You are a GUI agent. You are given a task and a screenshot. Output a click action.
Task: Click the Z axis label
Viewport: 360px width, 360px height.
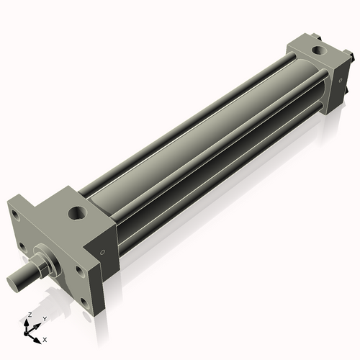[28, 315]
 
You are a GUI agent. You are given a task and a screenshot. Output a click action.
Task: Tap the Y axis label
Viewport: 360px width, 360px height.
[45, 318]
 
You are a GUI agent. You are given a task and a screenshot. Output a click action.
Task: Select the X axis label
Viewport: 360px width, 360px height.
[45, 338]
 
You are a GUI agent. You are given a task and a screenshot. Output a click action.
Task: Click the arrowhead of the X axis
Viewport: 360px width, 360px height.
[39, 336]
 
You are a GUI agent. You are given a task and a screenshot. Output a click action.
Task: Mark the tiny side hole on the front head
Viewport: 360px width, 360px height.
[106, 252]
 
